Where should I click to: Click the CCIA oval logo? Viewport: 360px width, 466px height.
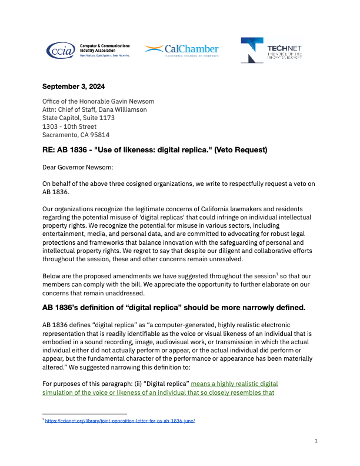click(x=61, y=50)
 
